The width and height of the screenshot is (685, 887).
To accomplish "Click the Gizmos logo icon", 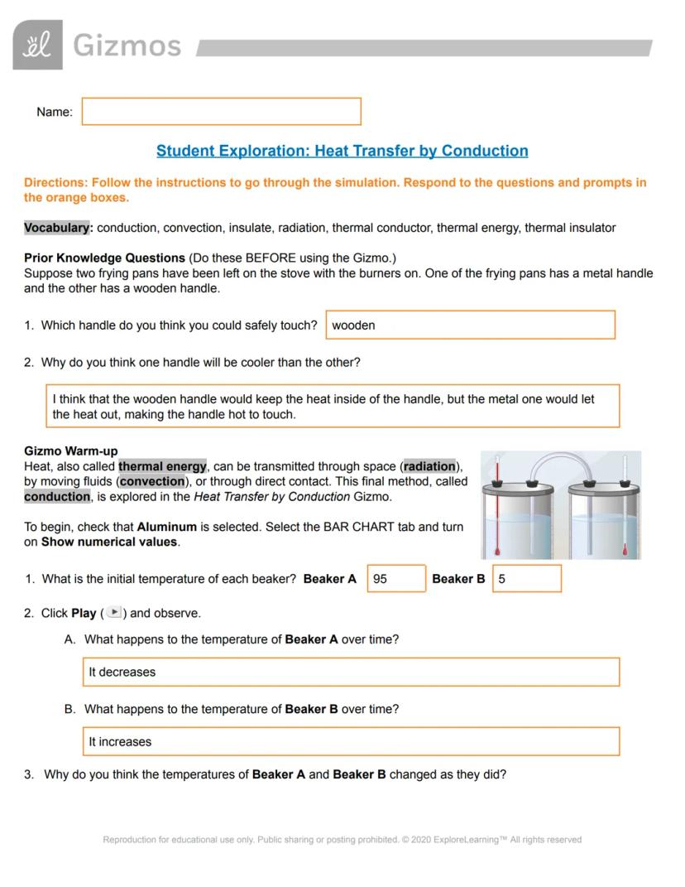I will (37, 45).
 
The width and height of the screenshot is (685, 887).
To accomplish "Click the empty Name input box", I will (221, 112).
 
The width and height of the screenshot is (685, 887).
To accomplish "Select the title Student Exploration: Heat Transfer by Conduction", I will (342, 151).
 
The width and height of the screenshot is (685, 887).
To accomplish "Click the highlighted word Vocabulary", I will (56, 228).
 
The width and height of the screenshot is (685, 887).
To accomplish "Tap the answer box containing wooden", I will (470, 325).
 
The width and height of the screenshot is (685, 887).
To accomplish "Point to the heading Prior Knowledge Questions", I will (104, 258).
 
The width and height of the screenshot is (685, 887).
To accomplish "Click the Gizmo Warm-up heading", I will (71, 451).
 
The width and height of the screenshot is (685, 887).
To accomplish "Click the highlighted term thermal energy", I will (162, 466).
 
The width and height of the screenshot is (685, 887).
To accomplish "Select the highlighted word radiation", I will (429, 466).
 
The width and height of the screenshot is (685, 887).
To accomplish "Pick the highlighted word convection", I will (152, 481).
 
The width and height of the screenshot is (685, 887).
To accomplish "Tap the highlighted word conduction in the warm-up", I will (57, 497).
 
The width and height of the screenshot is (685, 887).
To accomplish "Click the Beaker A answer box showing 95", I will (396, 579).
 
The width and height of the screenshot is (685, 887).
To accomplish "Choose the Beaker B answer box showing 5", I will (526, 579).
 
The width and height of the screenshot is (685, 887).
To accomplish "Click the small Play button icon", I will (114, 613).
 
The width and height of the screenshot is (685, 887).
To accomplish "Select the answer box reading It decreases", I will (351, 672).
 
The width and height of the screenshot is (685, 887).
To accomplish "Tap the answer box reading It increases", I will (351, 741).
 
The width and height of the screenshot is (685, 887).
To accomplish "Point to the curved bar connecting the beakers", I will (561, 460).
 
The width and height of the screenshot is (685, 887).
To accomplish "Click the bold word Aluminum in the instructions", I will (166, 527).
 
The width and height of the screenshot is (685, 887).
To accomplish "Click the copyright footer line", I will (342, 840).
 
